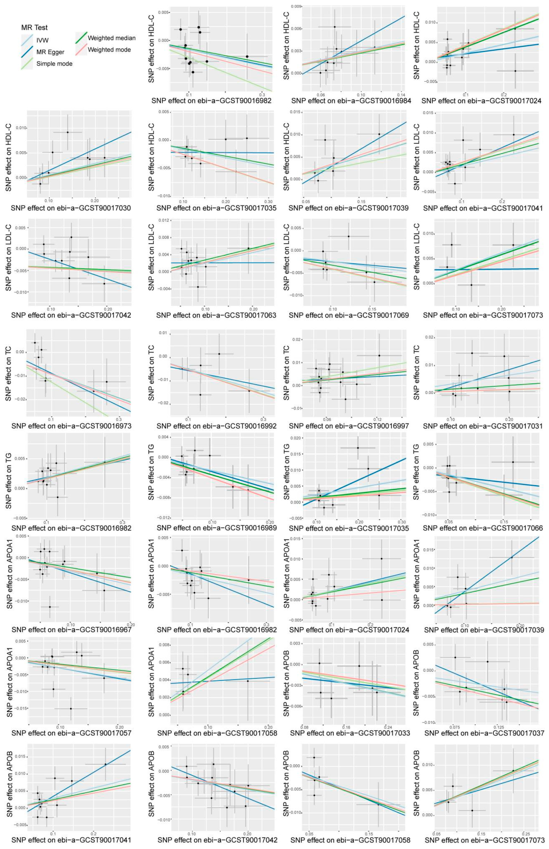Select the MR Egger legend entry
point(50,52)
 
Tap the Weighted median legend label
point(112,38)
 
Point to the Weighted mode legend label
point(109,50)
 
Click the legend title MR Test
point(34,27)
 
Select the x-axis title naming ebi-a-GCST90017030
point(71,208)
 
